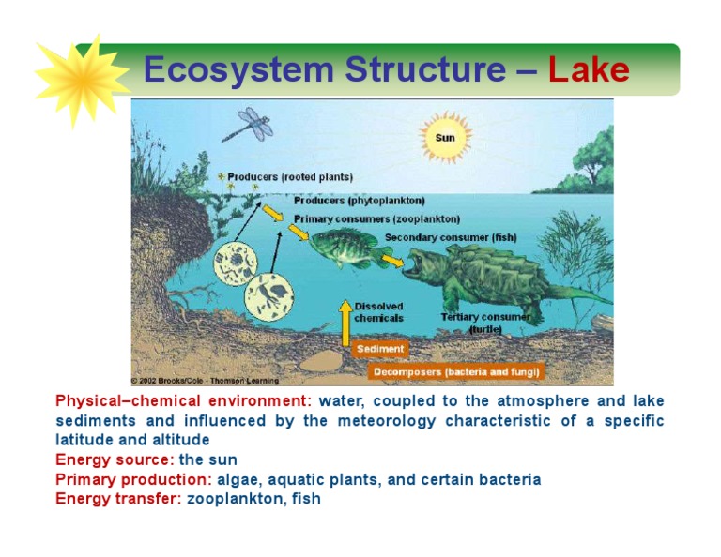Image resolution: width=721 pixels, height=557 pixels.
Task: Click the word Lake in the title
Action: point(589,69)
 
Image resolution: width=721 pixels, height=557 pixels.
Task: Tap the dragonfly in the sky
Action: point(249,124)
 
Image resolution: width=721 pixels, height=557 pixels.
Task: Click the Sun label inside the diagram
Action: point(445,138)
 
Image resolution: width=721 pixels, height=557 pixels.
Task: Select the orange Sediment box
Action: point(380,349)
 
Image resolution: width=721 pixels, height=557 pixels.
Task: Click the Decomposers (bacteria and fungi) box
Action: point(456,371)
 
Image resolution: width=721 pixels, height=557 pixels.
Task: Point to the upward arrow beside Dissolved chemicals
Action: point(345,323)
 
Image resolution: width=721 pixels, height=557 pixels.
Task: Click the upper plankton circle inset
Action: point(236,263)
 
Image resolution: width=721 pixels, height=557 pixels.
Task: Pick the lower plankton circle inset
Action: point(269,295)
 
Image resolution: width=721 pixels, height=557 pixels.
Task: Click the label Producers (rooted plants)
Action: point(290,177)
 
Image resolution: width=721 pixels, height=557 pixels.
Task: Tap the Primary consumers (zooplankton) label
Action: point(377,219)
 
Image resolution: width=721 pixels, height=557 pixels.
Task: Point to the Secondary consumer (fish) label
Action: point(451,237)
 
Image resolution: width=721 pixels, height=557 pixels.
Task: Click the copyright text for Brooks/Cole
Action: point(205,381)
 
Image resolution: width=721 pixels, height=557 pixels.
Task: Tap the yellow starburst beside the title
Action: point(82,81)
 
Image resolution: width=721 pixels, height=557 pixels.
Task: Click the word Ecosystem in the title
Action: point(238,70)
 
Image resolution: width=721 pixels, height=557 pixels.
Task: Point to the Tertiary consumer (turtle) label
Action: point(485,323)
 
